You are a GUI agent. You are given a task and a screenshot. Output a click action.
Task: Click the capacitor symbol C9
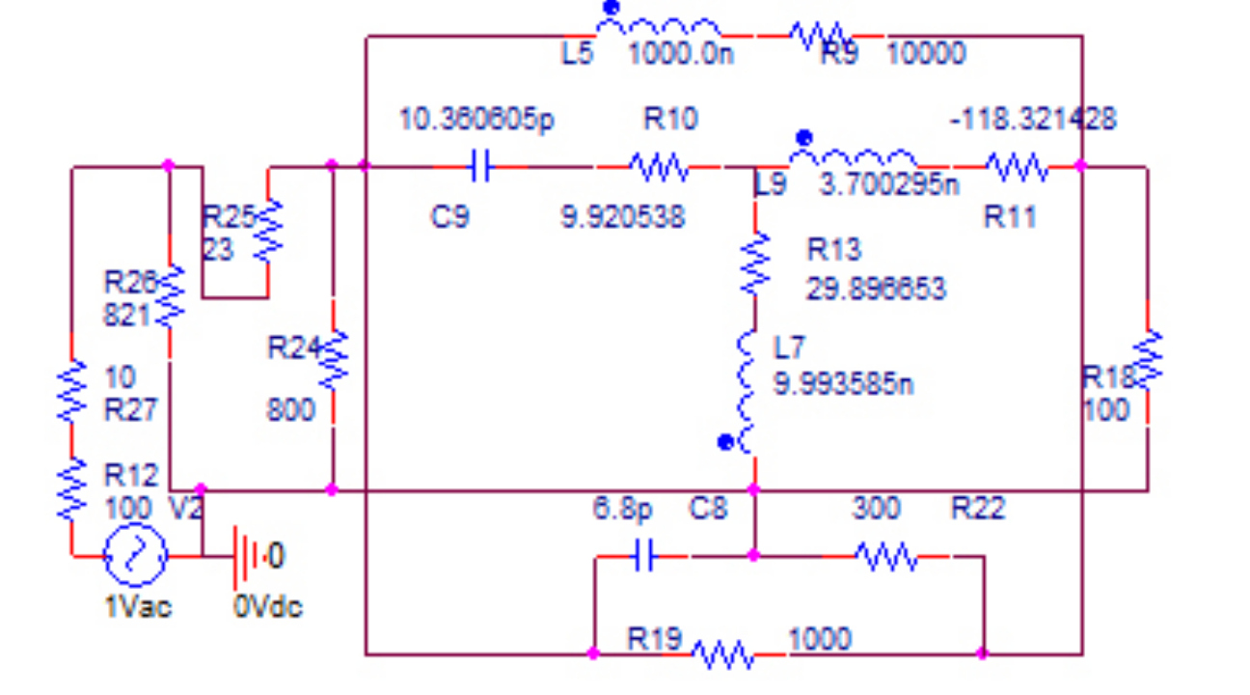coord(479,167)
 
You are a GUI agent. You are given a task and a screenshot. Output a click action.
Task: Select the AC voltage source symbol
coord(136,555)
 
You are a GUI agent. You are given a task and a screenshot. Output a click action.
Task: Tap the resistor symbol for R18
coord(1147,360)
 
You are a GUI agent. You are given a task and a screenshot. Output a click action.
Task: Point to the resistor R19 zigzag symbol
coord(722,655)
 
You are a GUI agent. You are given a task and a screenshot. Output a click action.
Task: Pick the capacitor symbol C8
coord(644,556)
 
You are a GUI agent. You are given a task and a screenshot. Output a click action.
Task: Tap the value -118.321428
coord(1033,120)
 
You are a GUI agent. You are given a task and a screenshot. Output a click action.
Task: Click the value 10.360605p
coord(476,120)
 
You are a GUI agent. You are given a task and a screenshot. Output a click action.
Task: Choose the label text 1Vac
coord(137,607)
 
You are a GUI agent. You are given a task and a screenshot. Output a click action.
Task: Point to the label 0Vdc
coord(267,607)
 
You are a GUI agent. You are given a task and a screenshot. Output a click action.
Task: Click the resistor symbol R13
coord(755,263)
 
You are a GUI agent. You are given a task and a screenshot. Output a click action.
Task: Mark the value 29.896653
coord(876,288)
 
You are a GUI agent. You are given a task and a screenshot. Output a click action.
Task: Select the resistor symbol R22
coord(885,556)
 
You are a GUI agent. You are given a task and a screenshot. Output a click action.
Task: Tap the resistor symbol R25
coord(268,232)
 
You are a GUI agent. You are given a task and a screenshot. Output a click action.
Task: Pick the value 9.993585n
coord(844,384)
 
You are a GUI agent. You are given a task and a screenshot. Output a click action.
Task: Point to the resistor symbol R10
coord(658,167)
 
